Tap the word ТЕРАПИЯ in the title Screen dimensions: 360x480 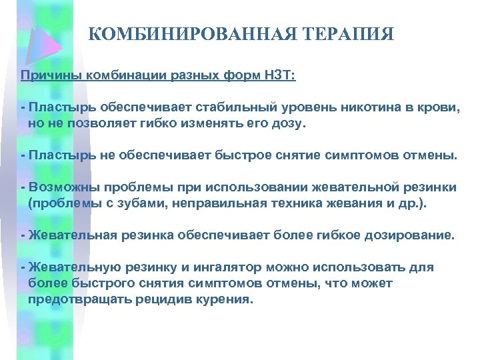click(x=345, y=34)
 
